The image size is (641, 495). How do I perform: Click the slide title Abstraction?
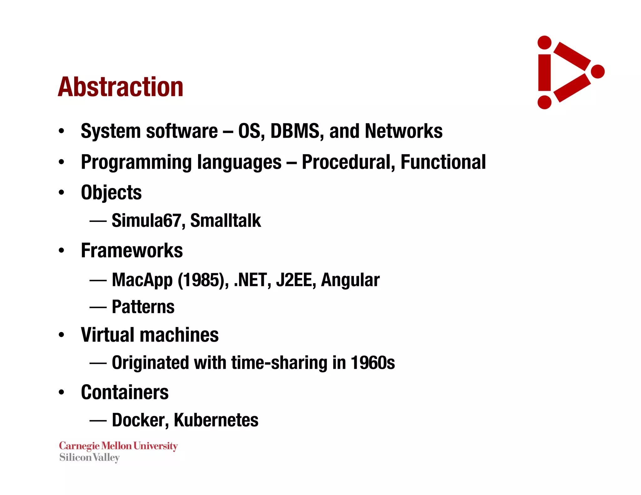tap(121, 87)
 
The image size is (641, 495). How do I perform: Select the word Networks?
tap(403, 131)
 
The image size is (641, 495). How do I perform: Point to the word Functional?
tap(443, 162)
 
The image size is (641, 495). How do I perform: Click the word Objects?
tap(111, 192)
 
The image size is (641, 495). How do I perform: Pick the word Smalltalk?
tap(225, 221)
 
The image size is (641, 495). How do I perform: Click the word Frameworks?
tap(132, 251)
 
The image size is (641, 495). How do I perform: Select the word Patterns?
tap(143, 307)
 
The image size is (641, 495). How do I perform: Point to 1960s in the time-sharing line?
tap(372, 363)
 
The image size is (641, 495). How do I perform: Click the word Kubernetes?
tap(216, 420)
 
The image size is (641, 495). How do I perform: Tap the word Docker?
tap(140, 420)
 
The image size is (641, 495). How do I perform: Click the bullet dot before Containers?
tap(61, 392)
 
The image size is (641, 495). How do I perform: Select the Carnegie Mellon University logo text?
tap(118, 446)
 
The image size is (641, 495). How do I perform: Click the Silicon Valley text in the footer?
tap(90, 458)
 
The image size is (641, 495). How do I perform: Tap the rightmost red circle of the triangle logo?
tap(597, 72)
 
